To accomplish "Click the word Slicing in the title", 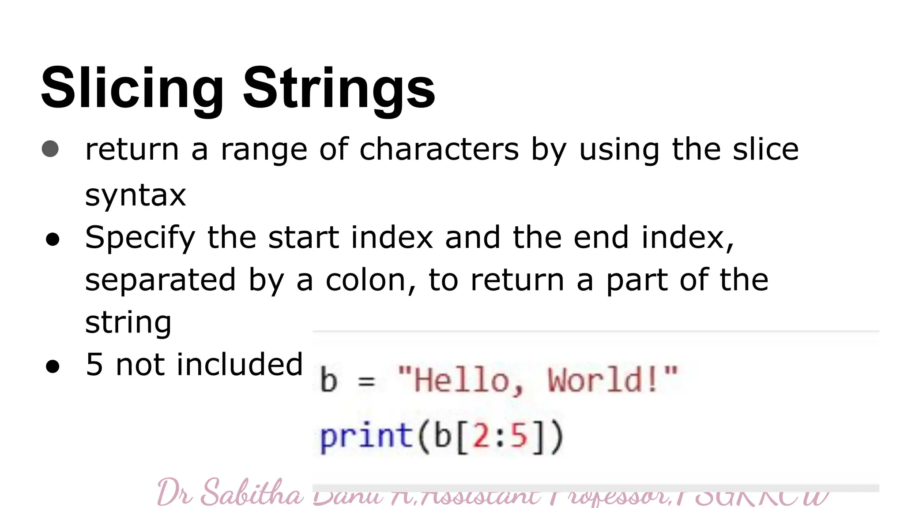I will coord(132,88).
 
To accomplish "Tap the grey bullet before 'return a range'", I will coord(50,149).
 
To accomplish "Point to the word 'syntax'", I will coord(136,195).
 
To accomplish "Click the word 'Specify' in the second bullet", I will coord(140,238).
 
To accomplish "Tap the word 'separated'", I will coord(160,280).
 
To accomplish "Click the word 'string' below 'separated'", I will coord(128,322).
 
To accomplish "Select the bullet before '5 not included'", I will coord(53,366).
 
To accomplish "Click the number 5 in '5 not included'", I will coord(94,365).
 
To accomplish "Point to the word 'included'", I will coord(240,365).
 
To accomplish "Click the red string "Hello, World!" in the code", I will coord(537,380).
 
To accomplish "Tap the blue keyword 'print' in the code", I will coord(365,437).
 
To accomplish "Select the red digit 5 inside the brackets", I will coord(520,437).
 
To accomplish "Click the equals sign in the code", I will coord(366,381).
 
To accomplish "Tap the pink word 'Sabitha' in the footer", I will coord(252,493).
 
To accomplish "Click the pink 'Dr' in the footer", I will coord(174,493).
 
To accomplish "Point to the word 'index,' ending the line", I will coord(688,238).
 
